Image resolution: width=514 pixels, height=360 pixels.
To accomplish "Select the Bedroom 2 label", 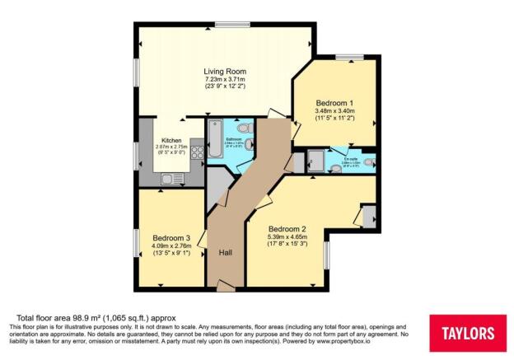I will (x=287, y=228).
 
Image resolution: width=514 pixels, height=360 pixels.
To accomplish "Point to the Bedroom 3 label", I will (x=171, y=238).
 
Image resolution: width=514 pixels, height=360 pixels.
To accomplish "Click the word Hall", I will (x=225, y=253).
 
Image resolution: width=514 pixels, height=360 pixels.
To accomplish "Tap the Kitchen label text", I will (x=171, y=140).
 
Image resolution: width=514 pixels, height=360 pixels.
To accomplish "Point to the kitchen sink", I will (x=169, y=178).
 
